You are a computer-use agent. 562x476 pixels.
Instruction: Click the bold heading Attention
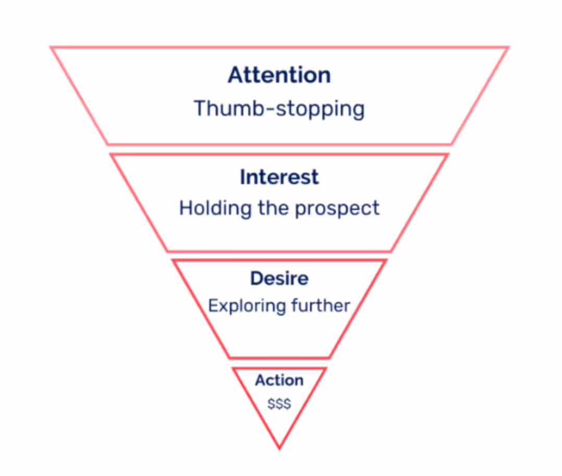pos(279,75)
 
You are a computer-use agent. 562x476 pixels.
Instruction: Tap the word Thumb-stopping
pos(279,109)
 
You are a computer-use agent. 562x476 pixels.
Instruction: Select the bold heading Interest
pos(279,177)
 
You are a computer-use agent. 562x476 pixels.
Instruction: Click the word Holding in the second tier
pos(215,208)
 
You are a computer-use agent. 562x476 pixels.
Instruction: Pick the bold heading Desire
pos(279,278)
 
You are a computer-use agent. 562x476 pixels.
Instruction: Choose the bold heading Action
pos(279,380)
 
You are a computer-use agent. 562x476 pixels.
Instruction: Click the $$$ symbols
pos(279,403)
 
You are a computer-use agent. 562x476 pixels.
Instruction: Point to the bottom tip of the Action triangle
pos(279,447)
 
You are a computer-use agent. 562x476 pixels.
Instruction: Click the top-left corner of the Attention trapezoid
pos(52,48)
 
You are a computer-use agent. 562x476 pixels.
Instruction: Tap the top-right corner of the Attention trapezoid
pos(507,48)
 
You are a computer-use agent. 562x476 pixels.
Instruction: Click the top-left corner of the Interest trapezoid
pos(111,155)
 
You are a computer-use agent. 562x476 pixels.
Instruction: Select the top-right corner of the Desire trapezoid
pos(385,260)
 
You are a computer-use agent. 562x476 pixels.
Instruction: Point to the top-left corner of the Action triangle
pos(234,369)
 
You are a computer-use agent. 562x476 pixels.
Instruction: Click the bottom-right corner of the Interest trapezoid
pos(391,251)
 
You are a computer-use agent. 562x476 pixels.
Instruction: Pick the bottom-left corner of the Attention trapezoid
pos(108,144)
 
